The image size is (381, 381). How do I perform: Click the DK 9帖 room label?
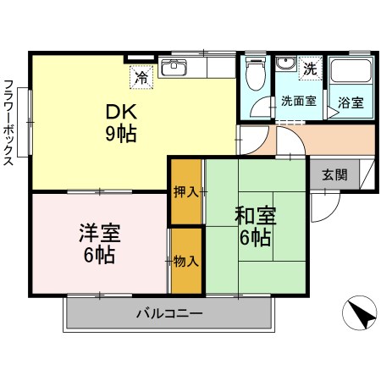(120, 123)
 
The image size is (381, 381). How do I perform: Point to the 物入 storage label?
(186, 260)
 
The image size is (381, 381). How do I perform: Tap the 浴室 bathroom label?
(351, 103)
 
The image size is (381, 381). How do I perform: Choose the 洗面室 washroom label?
(298, 101)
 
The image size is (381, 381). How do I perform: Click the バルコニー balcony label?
(169, 315)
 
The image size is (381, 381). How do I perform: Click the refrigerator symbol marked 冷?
(141, 76)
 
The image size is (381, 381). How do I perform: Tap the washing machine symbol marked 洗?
(309, 68)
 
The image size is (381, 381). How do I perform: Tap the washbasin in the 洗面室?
(286, 68)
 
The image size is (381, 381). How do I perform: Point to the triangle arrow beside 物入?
(169, 260)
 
